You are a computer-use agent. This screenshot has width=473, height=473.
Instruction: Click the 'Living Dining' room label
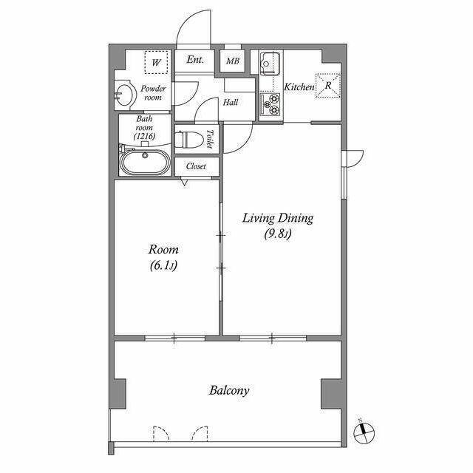[279, 218]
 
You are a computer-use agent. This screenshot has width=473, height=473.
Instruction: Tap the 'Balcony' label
[229, 390]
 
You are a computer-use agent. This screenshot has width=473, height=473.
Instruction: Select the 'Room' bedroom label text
[164, 250]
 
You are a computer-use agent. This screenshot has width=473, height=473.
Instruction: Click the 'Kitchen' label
[299, 87]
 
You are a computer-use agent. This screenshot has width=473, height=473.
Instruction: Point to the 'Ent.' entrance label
[195, 61]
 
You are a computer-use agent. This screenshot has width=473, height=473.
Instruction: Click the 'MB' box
[233, 61]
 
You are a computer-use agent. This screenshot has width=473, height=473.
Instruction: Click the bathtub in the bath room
[145, 161]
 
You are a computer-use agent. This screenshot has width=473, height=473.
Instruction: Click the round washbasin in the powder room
[125, 95]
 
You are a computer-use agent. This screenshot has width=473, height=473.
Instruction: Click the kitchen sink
[269, 63]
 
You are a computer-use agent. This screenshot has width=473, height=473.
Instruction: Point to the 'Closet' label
[196, 167]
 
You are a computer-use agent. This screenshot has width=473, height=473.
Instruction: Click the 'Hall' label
[231, 103]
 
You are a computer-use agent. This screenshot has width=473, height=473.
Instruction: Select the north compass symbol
[365, 430]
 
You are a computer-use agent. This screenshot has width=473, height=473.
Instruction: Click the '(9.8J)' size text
[279, 236]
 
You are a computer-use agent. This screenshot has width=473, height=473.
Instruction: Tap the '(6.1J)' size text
[164, 266]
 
